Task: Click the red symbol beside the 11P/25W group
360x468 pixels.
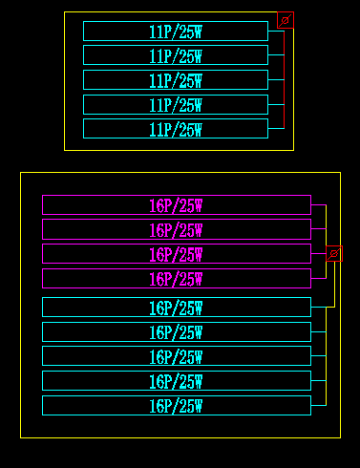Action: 285,19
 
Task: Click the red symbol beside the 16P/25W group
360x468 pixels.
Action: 334,254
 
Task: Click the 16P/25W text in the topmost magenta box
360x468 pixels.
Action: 176,205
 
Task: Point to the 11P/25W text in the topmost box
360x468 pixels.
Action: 176,32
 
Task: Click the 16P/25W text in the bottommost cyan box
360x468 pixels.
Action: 176,406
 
